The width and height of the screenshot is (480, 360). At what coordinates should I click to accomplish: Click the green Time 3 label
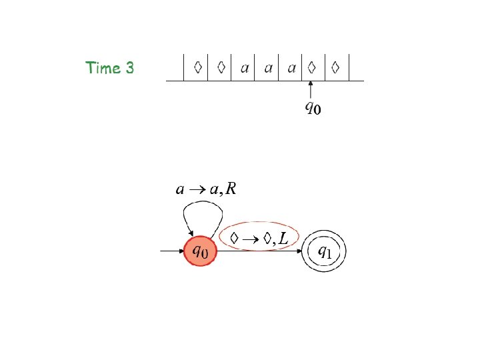point(109,68)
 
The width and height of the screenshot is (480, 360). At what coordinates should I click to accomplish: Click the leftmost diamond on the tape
point(198,67)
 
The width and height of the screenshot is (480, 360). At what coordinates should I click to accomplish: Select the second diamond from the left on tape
point(221,67)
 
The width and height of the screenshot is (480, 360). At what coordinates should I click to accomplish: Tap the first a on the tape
point(245,68)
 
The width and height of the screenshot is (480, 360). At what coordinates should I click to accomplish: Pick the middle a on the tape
point(268,68)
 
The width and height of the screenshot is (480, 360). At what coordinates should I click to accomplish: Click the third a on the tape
point(291,68)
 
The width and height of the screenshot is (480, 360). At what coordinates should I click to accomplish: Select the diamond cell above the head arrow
point(311,67)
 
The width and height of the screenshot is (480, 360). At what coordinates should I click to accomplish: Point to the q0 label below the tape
point(312,107)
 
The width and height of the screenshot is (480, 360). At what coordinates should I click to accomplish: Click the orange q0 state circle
point(201,252)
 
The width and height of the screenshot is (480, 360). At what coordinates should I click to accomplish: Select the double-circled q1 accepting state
point(323,252)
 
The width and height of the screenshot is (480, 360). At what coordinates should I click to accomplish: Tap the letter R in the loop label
point(231,189)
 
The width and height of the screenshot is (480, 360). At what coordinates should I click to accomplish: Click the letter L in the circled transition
point(285,238)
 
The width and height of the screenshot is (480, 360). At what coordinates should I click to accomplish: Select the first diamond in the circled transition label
point(234,237)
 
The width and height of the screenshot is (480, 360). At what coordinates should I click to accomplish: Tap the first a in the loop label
point(180,190)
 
